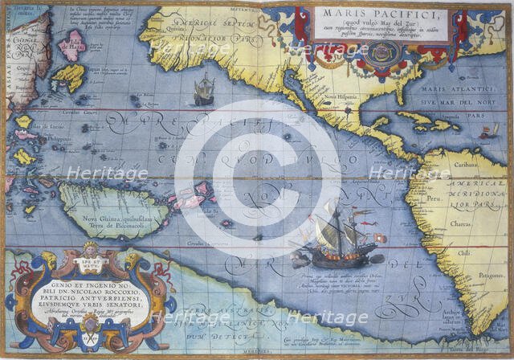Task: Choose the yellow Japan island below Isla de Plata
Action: pyautogui.click(x=70, y=77)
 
